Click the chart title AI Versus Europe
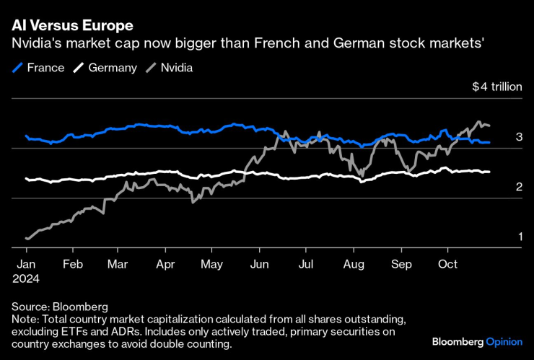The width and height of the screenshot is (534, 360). point(72,25)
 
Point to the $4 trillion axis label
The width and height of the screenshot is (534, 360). point(496,87)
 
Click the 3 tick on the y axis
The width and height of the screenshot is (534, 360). point(518,136)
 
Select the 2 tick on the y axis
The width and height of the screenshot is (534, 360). point(518,187)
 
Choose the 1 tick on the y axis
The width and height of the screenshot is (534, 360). point(518,237)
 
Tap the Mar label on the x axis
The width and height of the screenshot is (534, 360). point(117,263)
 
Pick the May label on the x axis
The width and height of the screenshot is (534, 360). point(211,263)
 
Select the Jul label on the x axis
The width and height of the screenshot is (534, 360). point(306,263)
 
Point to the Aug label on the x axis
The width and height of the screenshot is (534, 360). point(354,263)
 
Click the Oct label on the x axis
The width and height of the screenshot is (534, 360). point(447,263)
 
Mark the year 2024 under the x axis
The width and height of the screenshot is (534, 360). point(25,278)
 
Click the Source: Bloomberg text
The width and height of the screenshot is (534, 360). point(60,307)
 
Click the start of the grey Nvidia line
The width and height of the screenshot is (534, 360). point(27,238)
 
